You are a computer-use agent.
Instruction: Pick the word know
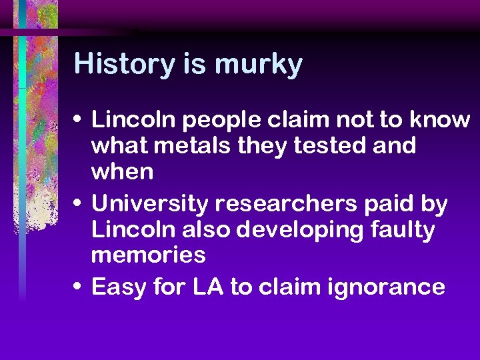click(440, 120)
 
